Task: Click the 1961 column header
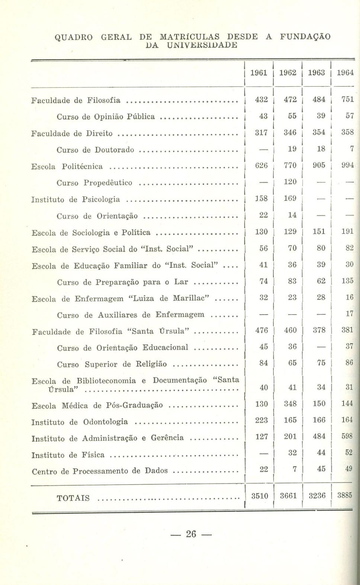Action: point(259,73)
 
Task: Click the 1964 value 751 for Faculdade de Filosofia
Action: point(347,99)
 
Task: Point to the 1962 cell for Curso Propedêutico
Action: point(290,182)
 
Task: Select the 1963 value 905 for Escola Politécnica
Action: point(319,165)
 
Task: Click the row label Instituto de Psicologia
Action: point(75,200)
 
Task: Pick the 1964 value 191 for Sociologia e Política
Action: point(347,231)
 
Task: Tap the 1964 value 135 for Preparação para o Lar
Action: point(347,281)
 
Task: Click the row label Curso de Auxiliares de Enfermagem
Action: point(131,315)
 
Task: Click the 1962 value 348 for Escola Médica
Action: point(290,404)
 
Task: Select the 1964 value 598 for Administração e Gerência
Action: point(347,437)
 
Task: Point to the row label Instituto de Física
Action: point(68,455)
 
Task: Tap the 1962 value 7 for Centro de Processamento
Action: point(294,469)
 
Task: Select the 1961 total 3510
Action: point(260,496)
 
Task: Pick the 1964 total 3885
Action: point(344,495)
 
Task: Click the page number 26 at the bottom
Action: point(191,534)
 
